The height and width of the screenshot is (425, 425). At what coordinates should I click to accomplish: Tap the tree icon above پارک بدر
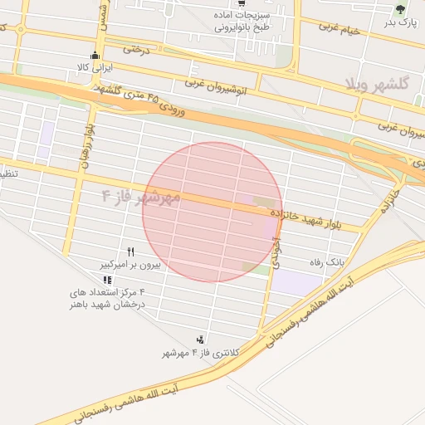point(401,10)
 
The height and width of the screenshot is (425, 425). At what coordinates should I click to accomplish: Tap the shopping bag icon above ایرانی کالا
point(93,56)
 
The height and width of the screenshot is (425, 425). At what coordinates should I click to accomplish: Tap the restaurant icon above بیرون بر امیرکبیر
point(130,252)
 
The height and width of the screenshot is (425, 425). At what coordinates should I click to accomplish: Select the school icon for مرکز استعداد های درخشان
point(107,280)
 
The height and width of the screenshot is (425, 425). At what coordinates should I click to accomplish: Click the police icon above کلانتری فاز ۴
point(200,340)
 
